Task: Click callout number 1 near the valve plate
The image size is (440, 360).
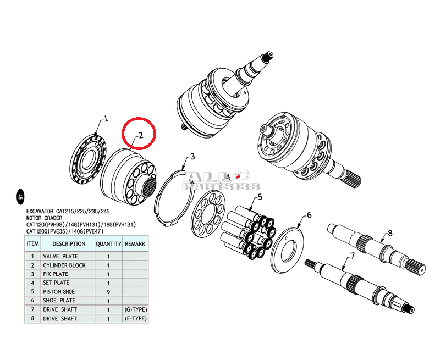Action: coord(106,119)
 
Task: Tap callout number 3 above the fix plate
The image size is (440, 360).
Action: coord(192,157)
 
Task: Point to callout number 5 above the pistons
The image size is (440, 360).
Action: coord(260,197)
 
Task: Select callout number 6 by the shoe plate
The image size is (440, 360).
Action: coord(309,215)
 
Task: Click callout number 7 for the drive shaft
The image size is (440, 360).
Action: coord(353,256)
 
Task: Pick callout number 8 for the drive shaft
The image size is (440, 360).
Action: coord(390,233)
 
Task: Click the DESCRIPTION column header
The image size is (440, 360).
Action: coord(69,244)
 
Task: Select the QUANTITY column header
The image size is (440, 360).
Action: coord(108,244)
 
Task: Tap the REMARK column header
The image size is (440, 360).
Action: coord(135,244)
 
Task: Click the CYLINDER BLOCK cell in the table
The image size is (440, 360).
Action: coord(64,265)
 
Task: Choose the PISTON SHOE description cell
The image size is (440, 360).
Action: coord(59,292)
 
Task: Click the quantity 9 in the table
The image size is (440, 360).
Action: coord(108,292)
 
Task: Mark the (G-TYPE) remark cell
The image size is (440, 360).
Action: coord(136,309)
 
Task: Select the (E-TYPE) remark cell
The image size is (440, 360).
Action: coord(136,319)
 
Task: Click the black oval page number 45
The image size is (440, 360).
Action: coord(20,197)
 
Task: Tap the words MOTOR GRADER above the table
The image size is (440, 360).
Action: coord(45,218)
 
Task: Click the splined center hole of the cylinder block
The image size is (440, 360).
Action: coord(148,185)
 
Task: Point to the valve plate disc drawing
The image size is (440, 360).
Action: coord(88,159)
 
